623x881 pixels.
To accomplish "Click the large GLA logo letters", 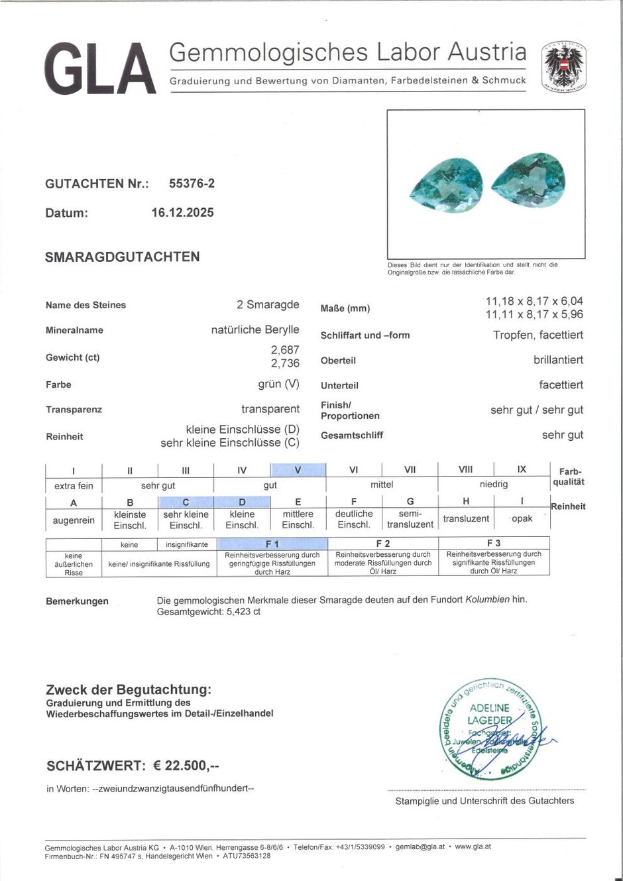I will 101,69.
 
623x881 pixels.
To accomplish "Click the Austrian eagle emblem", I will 563,66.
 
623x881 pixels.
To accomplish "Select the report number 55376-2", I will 192,184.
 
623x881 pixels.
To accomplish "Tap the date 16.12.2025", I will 182,213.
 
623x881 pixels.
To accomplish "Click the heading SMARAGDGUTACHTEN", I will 122,257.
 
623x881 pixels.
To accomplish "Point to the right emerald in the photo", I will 529,180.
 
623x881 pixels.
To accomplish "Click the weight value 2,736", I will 285,363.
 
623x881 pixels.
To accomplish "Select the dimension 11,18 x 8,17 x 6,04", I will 534,302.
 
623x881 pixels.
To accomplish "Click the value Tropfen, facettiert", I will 538,335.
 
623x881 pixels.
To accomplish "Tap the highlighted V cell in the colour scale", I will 298,470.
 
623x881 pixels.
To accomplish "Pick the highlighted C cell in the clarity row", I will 186,502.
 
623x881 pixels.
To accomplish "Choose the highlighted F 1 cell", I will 272,544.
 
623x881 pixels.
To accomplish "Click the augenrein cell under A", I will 74,520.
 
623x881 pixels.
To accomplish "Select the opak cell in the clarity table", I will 522,519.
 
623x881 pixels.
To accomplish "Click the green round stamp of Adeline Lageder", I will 491,729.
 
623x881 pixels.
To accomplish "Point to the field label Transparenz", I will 74,410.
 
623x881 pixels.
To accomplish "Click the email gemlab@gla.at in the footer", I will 420,847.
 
